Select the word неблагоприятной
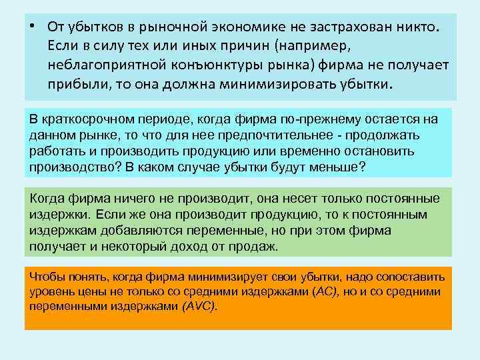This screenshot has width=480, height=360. tap(101, 67)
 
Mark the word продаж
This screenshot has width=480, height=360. tap(257, 247)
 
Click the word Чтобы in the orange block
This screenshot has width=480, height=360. tap(47, 277)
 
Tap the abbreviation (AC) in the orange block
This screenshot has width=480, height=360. tap(327, 291)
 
